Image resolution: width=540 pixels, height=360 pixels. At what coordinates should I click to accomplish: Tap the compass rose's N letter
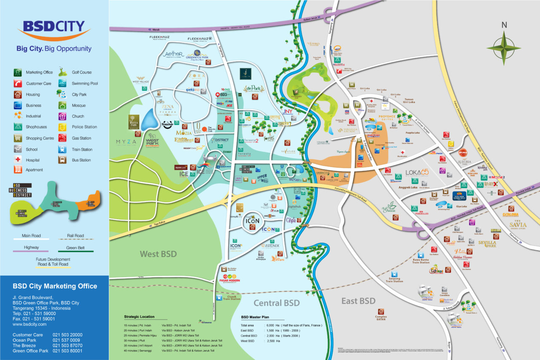504,25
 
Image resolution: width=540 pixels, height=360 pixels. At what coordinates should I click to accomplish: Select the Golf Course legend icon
62,71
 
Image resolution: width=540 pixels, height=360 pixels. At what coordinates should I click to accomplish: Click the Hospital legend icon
18,160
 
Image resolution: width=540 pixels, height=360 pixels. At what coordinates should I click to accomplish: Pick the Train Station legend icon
62,149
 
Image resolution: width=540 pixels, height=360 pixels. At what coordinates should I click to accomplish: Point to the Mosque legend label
78,106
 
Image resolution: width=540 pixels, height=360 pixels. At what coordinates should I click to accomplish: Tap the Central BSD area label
276,303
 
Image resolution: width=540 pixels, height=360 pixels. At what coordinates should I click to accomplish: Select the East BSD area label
358,301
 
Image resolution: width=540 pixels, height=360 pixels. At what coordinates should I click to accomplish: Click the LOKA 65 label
417,173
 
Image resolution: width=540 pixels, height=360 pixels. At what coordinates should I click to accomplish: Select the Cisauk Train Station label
232,299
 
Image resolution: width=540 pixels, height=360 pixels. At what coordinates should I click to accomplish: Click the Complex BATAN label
381,317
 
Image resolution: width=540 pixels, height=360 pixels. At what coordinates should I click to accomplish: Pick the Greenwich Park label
197,57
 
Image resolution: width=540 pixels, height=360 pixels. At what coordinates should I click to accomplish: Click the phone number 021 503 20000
67,335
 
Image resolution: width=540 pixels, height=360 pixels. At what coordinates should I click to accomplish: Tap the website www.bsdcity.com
30,324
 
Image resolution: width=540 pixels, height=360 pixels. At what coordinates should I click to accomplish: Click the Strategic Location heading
139,317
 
